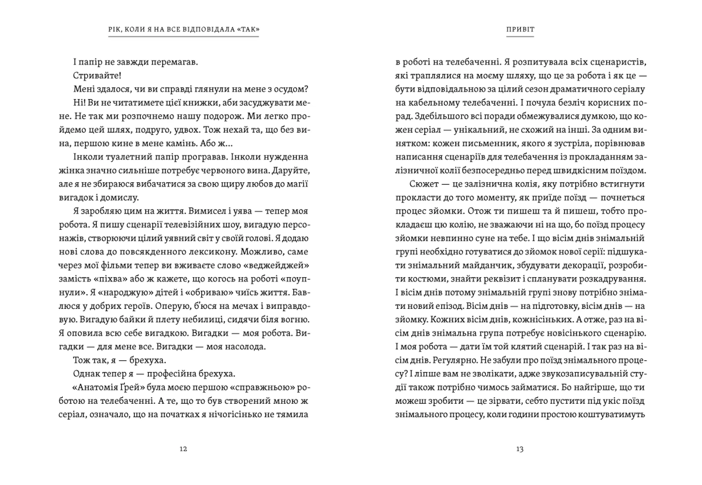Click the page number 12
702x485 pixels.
pyautogui.click(x=184, y=449)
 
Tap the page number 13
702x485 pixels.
pyautogui.click(x=520, y=449)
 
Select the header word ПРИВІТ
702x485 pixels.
pyautogui.click(x=520, y=30)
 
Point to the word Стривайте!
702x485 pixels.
pyautogui.click(x=97, y=76)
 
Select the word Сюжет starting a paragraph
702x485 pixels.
pyautogui.click(x=424, y=184)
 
